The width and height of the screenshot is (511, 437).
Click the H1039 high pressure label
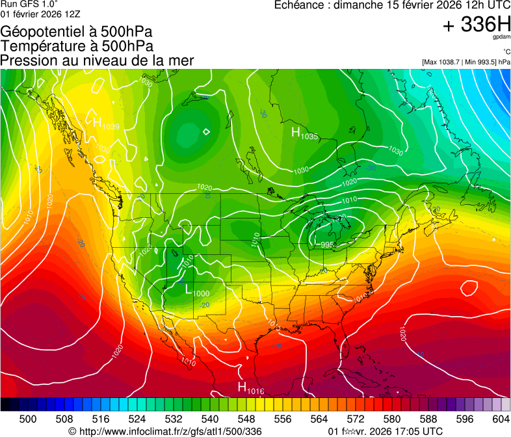point(106,124)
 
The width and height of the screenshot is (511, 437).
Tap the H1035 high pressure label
point(304,134)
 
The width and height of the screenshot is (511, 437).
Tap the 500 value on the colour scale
point(28,419)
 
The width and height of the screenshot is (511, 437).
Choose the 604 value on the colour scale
point(501,419)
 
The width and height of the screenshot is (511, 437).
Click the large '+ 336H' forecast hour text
point(476,25)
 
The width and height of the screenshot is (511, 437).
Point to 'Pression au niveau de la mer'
point(97,60)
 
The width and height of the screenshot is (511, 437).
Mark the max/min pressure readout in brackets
point(465,62)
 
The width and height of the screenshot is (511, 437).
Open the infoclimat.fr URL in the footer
point(165,431)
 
